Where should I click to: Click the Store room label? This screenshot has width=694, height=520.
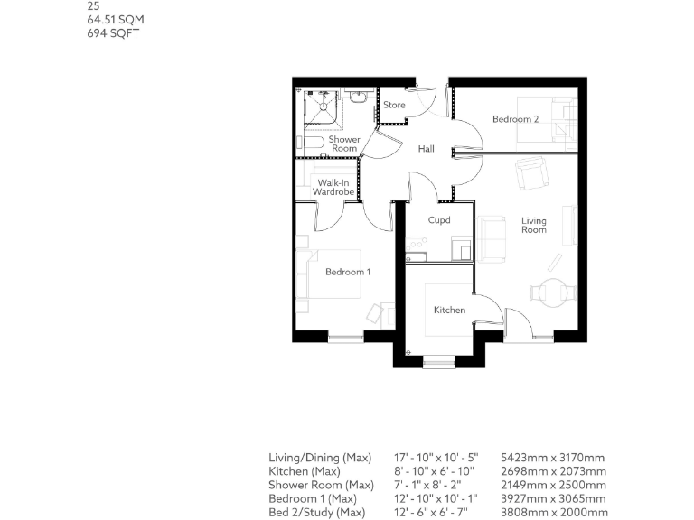tap(394, 105)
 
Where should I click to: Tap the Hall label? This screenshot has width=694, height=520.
tap(427, 150)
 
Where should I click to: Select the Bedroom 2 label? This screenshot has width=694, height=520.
tap(515, 119)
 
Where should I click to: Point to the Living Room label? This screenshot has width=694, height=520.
tap(534, 225)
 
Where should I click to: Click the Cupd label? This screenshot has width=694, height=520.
tap(439, 219)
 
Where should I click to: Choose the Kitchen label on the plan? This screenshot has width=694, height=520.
tap(449, 310)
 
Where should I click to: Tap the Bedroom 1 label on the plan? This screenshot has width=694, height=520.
tap(348, 272)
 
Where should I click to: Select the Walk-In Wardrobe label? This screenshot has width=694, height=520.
tap(331, 188)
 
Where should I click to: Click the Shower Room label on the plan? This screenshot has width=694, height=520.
tap(344, 144)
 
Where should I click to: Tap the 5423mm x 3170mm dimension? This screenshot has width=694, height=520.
tap(552, 458)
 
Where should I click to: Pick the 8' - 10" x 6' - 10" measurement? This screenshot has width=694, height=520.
tap(436, 471)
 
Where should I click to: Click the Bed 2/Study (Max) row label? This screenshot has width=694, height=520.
tap(316, 513)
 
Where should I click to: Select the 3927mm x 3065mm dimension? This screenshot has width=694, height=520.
tap(552, 499)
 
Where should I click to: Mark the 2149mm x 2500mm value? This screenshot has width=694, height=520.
tap(552, 486)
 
